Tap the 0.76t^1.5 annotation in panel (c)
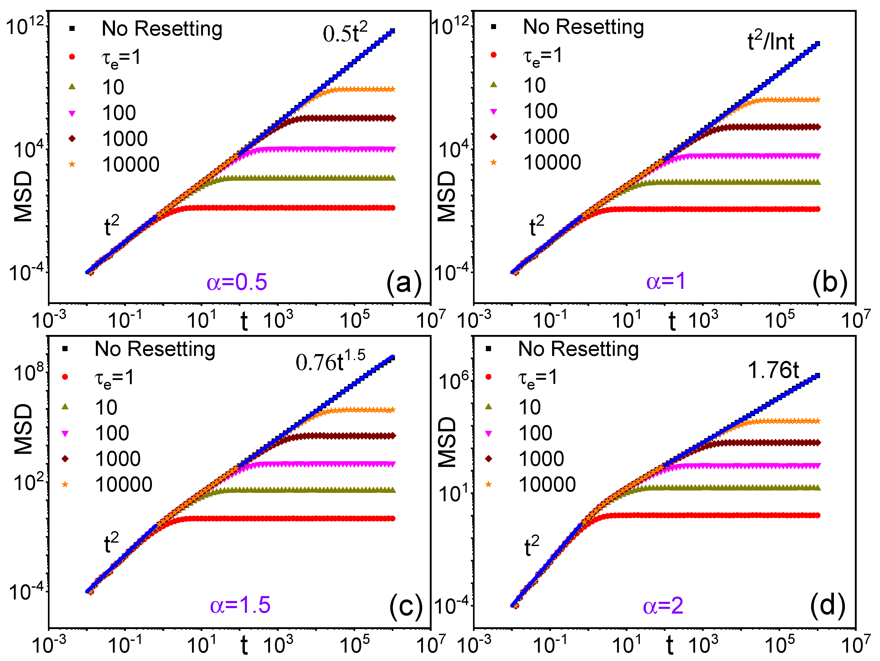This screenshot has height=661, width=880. point(330,361)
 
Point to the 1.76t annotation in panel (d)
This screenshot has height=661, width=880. point(773,370)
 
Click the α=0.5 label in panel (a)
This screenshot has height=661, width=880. point(237,282)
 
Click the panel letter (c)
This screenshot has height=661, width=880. point(405,606)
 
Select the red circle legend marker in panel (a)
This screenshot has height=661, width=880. point(72,57)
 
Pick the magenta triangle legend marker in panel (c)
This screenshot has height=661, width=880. point(65,433)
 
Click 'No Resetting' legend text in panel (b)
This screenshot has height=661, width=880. point(583,27)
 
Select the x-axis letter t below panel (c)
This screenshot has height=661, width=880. point(244,644)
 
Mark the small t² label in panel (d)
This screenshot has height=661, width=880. point(531,547)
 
